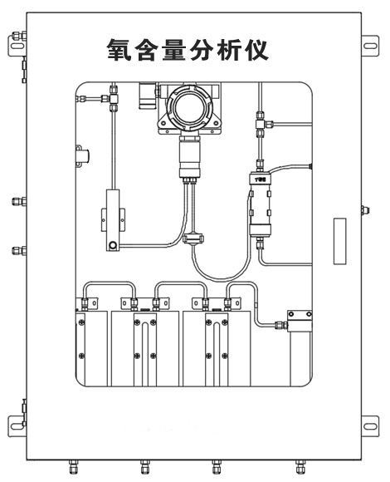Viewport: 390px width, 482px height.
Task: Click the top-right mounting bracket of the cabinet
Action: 370,42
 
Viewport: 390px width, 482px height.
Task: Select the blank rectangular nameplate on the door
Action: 339,241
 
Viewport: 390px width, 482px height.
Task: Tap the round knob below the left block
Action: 111,245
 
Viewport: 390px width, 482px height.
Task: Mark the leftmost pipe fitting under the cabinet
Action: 70,466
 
